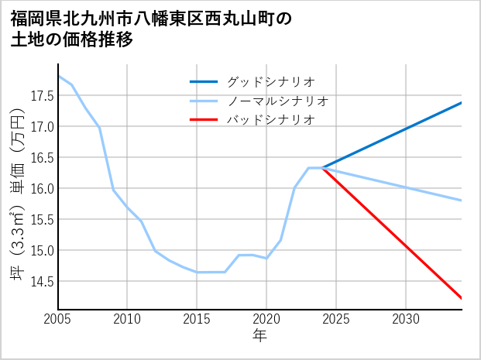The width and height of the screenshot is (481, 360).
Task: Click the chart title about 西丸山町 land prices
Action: tap(152, 29)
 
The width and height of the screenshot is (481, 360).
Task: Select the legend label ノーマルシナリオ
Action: tap(278, 101)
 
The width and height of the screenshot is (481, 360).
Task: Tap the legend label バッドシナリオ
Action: tap(271, 119)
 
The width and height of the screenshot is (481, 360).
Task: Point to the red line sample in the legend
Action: tap(204, 119)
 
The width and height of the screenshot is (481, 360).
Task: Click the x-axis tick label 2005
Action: tap(58, 319)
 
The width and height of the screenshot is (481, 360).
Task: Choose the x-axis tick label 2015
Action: tap(197, 319)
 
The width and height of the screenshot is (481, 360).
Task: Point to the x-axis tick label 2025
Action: tap(336, 319)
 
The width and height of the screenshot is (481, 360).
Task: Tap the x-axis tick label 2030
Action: tap(406, 319)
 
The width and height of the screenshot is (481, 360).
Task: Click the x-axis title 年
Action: tap(259, 335)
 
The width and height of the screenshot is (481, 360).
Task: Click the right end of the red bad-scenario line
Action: tap(462, 298)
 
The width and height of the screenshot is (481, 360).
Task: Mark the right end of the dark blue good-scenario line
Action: tap(462, 102)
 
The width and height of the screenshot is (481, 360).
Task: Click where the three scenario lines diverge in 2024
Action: tap(322, 168)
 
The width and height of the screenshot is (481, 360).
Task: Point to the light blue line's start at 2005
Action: tap(59, 76)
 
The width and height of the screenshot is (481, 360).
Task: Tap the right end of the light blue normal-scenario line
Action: tap(462, 201)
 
